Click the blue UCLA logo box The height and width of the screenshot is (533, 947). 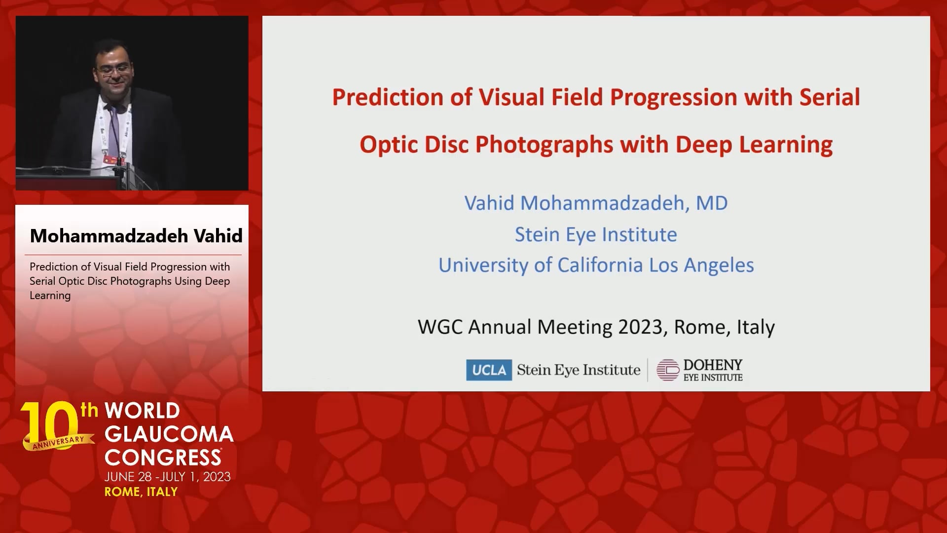(489, 370)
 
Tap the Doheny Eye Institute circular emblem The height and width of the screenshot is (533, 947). (667, 370)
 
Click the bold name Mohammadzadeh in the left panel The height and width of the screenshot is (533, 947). (109, 236)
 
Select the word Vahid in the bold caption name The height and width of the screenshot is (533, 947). (218, 236)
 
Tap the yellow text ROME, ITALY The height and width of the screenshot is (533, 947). (141, 492)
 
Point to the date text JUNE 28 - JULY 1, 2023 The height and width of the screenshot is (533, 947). (168, 477)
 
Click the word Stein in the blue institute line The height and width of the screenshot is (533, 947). (537, 234)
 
